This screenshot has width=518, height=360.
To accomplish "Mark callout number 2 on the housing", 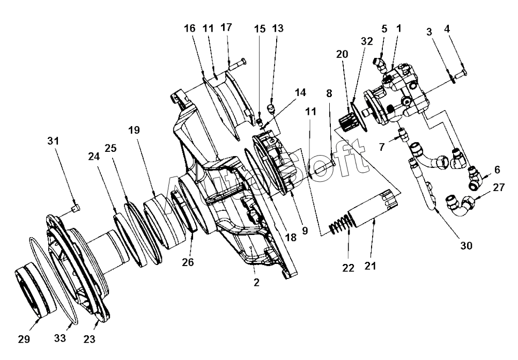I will point(256,282).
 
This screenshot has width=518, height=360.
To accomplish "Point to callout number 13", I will point(277,28).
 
